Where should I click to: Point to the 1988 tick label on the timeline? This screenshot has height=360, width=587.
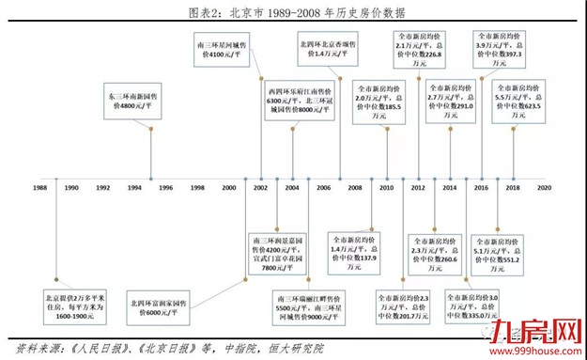click(39, 188)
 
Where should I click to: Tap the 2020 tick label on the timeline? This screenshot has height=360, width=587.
click(543, 188)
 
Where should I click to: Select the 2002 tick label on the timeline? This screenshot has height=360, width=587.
click(259, 188)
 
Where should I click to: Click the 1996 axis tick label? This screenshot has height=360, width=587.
click(164, 188)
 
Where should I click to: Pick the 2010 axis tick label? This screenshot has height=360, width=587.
click(385, 188)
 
